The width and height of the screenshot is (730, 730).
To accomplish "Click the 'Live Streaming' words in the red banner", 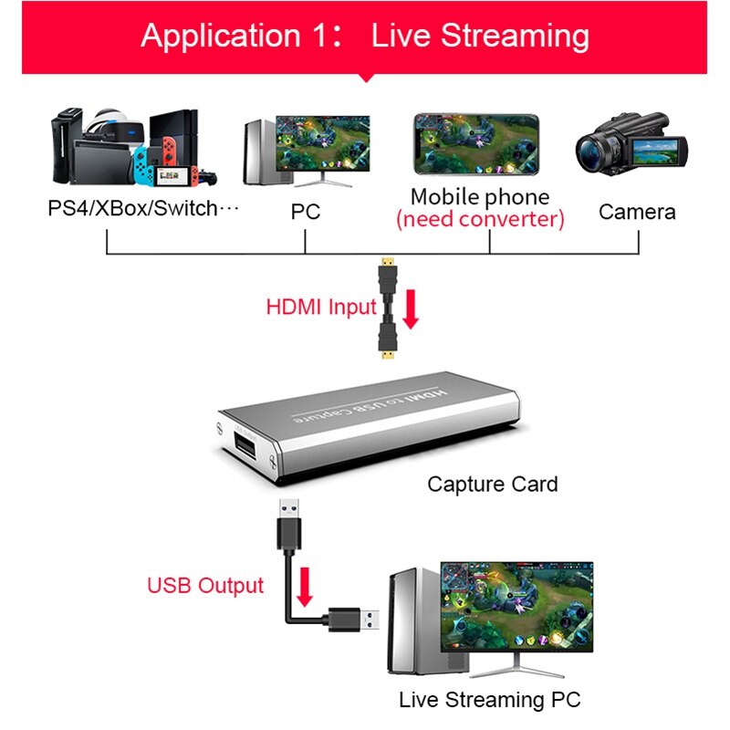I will click(480, 36).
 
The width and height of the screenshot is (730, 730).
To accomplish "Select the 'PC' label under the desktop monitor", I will click(305, 212).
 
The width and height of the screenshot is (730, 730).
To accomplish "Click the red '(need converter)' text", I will click(480, 219).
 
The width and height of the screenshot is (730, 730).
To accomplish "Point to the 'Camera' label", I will click(637, 212).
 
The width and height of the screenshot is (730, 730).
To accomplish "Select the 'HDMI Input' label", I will click(320, 307).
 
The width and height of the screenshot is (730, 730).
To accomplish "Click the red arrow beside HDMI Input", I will click(410, 309).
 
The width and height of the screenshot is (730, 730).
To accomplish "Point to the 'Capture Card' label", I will click(492, 484).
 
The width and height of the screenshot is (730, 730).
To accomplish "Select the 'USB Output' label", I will click(205, 585).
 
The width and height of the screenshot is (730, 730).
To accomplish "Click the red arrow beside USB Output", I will click(304, 586).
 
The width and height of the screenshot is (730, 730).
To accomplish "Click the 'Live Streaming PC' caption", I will click(489, 701).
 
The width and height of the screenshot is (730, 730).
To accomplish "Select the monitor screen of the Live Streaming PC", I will click(516, 602).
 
